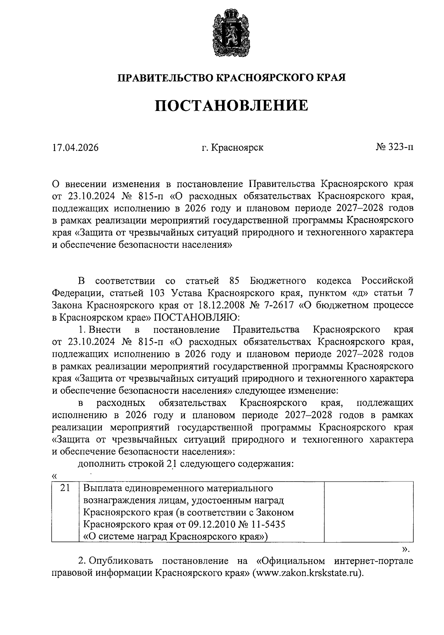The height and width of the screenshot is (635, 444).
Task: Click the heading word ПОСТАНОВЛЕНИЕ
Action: [231, 105]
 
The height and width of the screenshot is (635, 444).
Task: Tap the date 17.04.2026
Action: [75, 148]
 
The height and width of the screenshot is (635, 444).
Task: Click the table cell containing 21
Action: [65, 488]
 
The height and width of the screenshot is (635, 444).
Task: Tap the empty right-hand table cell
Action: [369, 511]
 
